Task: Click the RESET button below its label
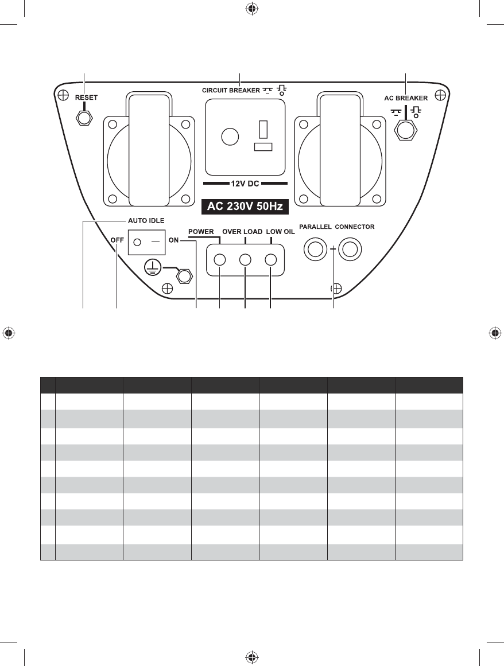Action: click(85, 118)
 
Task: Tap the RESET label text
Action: click(86, 98)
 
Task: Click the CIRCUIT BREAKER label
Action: click(230, 91)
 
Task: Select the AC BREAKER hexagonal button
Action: click(406, 130)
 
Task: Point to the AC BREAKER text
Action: click(406, 98)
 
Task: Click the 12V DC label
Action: click(245, 184)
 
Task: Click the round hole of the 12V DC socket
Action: click(230, 137)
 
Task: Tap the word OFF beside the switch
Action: click(118, 240)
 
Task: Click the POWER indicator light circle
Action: click(219, 260)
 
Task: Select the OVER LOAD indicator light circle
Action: click(246, 260)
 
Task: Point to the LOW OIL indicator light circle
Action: click(271, 260)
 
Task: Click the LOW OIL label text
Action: click(280, 232)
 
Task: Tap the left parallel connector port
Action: click(315, 250)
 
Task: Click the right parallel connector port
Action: click(350, 250)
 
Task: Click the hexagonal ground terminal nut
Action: click(184, 276)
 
